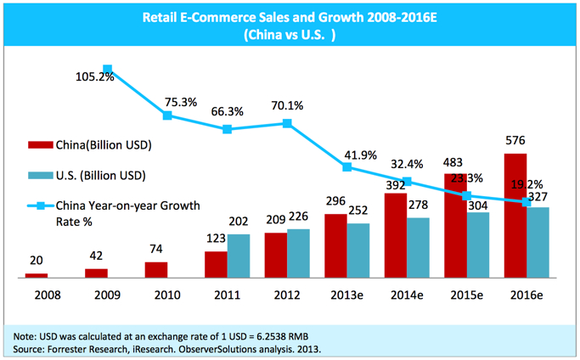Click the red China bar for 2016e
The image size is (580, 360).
(x=515, y=216)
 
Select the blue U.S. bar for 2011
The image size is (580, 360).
(x=239, y=256)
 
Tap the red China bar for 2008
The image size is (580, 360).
(x=37, y=275)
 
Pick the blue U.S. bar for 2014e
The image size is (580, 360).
(x=417, y=247)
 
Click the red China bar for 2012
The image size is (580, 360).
(x=275, y=255)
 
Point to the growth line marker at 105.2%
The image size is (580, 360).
(x=108, y=70)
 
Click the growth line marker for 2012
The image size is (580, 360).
(x=287, y=123)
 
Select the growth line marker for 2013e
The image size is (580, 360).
(x=346, y=167)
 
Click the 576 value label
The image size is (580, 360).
(x=515, y=142)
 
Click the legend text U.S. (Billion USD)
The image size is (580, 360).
(x=101, y=176)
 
